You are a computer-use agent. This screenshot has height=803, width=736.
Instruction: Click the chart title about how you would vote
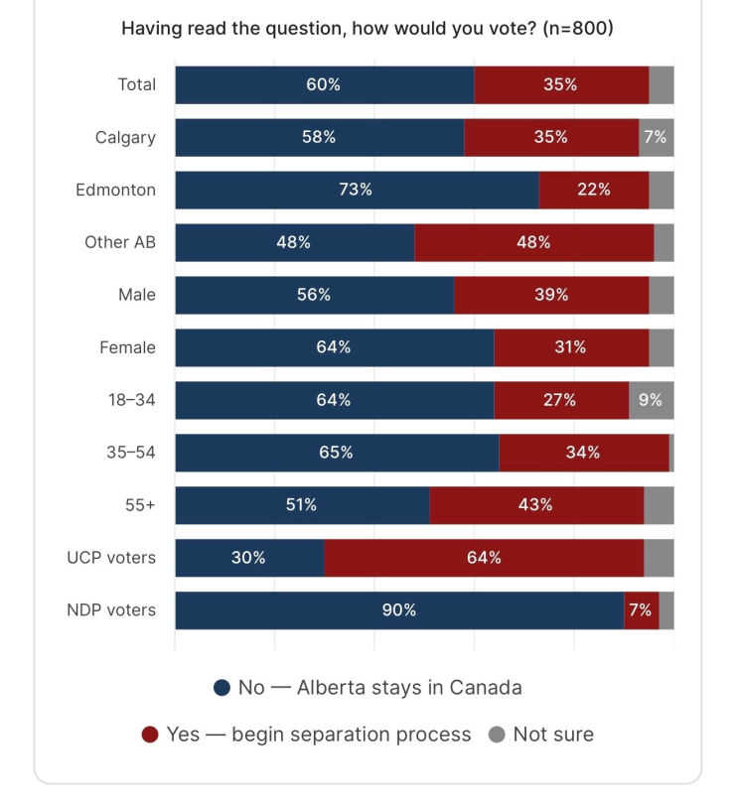(x=367, y=28)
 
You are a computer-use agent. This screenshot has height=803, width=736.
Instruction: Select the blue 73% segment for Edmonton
(x=358, y=190)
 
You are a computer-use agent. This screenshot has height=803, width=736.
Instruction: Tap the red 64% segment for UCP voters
(x=484, y=558)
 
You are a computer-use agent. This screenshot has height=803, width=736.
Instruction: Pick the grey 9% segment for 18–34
(x=652, y=400)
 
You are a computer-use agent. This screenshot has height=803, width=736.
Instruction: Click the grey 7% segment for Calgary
(x=657, y=137)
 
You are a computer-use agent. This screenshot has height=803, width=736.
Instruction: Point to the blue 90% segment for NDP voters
(x=399, y=610)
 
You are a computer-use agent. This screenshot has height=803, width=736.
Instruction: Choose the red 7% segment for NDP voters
(x=642, y=610)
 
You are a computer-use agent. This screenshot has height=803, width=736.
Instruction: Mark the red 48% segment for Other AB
(x=534, y=242)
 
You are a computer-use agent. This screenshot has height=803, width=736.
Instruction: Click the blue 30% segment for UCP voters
(x=249, y=558)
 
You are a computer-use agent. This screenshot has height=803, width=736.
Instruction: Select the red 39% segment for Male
(x=551, y=295)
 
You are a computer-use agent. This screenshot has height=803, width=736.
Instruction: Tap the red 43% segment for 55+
(x=536, y=505)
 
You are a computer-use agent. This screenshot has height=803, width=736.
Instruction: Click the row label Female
(x=127, y=347)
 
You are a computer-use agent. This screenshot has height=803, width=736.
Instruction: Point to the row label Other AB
(x=120, y=242)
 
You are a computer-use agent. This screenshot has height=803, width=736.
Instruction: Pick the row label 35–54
(x=131, y=453)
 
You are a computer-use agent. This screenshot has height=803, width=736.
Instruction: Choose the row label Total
(x=137, y=84)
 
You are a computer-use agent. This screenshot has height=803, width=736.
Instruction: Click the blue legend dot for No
(x=221, y=688)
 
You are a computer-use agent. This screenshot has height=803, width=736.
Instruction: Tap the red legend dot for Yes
(x=150, y=735)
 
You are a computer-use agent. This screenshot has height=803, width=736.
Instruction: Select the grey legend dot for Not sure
(x=497, y=735)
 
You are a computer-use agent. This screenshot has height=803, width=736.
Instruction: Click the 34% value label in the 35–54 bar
(x=583, y=453)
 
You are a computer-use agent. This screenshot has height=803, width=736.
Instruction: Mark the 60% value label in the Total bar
(x=324, y=84)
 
